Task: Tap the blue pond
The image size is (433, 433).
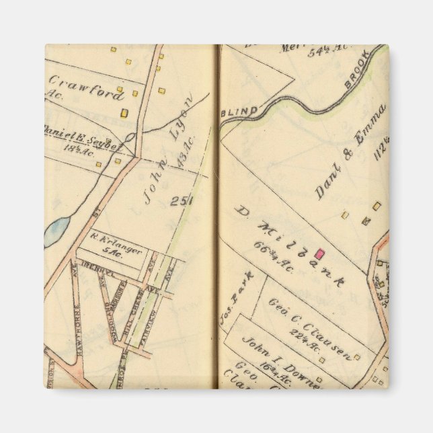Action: [56, 231]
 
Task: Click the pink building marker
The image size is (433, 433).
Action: [320, 253]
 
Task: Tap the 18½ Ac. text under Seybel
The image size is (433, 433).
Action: [79, 149]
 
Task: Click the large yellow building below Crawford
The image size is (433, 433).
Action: [124, 113]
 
